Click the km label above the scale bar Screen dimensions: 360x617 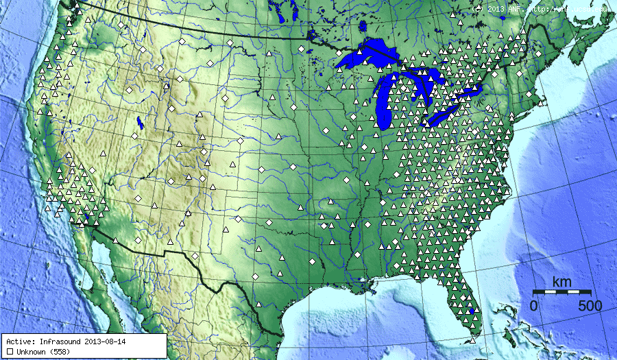(x=562, y=282)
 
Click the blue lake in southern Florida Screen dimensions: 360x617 (x=472, y=312)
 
